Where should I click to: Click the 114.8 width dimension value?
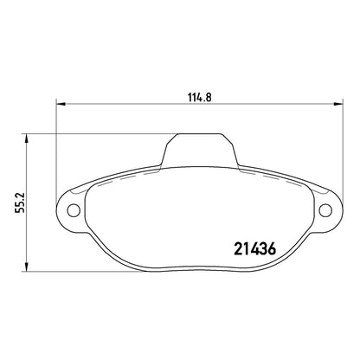[200, 97]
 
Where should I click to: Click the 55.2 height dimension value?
[21, 202]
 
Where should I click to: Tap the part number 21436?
[255, 249]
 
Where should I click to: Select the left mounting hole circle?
[74, 209]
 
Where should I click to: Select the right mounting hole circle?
[325, 209]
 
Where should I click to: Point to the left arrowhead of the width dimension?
[61, 104]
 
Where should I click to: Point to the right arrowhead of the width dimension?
[338, 104]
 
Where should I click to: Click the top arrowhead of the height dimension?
[27, 138]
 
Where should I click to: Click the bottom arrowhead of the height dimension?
[27, 267]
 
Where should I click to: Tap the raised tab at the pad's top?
[199, 150]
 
